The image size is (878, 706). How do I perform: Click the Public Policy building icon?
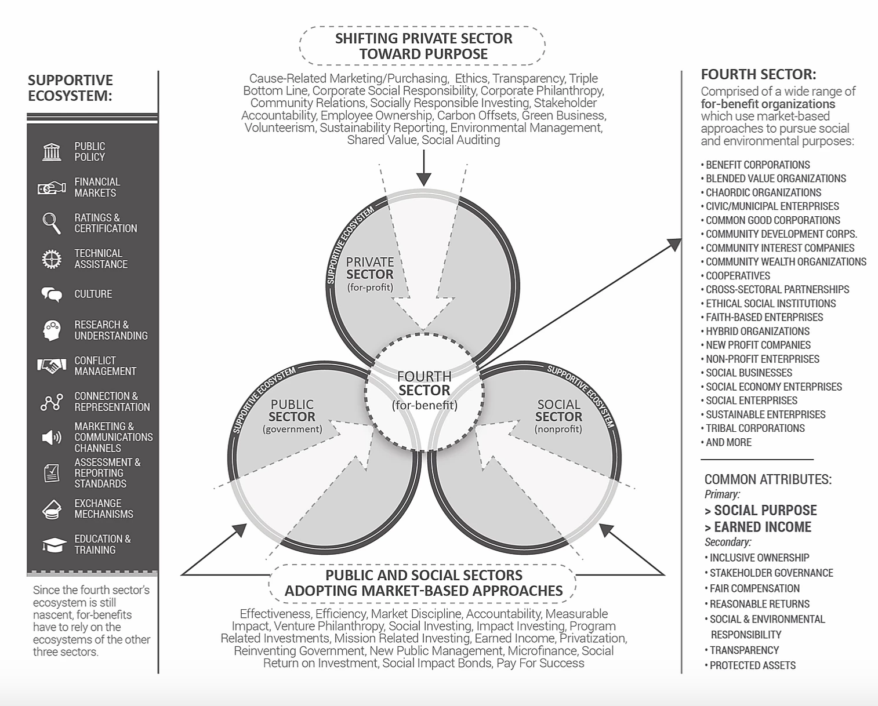pyautogui.click(x=52, y=152)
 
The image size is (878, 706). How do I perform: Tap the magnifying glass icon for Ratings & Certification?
pyautogui.click(x=52, y=223)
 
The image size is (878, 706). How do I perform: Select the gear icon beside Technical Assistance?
pyautogui.click(x=52, y=259)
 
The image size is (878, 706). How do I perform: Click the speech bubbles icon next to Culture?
pyautogui.click(x=52, y=294)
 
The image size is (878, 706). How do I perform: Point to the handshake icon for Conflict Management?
pyautogui.click(x=52, y=366)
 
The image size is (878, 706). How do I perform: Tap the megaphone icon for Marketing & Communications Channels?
pyautogui.click(x=52, y=438)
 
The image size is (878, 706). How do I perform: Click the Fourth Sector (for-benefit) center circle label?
pyautogui.click(x=425, y=390)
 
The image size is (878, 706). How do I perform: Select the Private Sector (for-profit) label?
pyautogui.click(x=369, y=274)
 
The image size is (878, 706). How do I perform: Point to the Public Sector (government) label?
pyautogui.click(x=292, y=416)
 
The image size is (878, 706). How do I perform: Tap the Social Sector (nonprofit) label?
pyautogui.click(x=558, y=416)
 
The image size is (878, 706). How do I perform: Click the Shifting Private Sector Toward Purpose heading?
pyautogui.click(x=423, y=46)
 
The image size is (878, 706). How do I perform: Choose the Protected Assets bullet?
pyautogui.click(x=752, y=665)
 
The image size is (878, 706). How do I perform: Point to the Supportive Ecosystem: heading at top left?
pyautogui.click(x=70, y=88)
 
